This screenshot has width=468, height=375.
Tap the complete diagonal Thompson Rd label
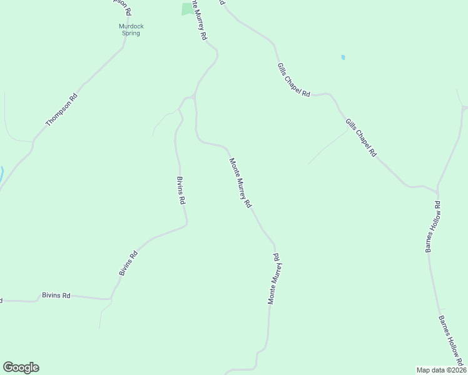click(x=61, y=110)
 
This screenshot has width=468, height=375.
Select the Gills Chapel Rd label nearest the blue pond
click(x=293, y=79)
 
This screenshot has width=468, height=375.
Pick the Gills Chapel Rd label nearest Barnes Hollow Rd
click(x=362, y=137)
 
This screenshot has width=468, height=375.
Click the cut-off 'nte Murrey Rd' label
click(x=199, y=20)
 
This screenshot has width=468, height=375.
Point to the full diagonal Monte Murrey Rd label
click(x=240, y=183)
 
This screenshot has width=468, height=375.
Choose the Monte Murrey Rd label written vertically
click(x=273, y=279)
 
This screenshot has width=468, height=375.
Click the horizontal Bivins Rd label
click(x=56, y=295)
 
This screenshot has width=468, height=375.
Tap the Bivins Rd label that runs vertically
click(x=181, y=191)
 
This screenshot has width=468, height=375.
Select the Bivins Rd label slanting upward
click(x=128, y=264)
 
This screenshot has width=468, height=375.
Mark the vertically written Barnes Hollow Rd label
click(x=433, y=227)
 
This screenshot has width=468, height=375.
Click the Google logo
click(x=21, y=367)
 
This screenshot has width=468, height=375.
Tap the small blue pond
click(x=343, y=57)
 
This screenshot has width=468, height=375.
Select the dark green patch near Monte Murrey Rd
click(x=187, y=9)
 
